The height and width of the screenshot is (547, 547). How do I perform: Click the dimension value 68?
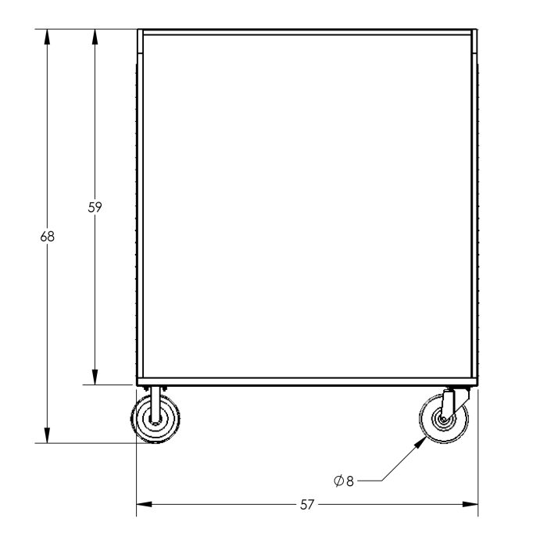tap(48, 236)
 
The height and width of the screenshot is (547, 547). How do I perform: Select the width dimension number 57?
tap(307, 506)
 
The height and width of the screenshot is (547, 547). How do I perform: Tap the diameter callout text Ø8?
tap(344, 481)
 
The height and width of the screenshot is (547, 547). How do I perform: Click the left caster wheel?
tap(152, 420)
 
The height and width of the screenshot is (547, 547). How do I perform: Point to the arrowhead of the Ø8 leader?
tap(422, 440)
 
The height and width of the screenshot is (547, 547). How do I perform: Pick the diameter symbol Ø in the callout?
tap(338, 481)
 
